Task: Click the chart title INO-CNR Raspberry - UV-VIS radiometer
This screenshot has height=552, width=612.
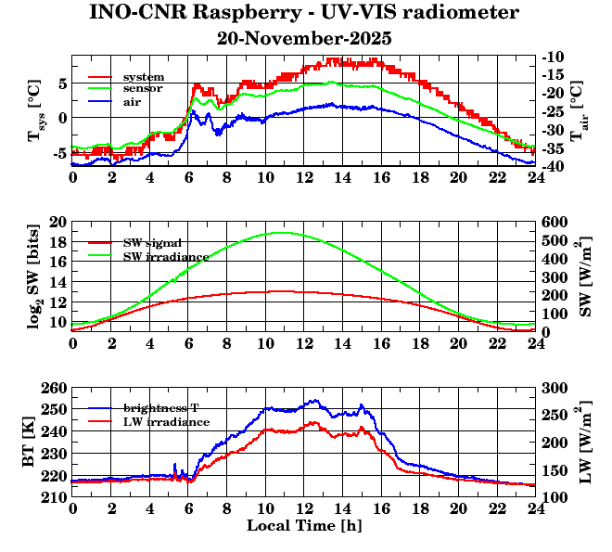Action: [304, 13]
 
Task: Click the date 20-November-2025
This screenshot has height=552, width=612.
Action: [304, 39]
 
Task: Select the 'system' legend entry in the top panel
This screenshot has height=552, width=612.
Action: [144, 76]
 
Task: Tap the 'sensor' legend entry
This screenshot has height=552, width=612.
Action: [144, 88]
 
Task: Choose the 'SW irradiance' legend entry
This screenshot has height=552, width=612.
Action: [166, 255]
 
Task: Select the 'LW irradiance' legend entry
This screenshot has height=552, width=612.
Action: [166, 421]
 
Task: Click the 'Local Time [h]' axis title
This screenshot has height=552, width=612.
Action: [303, 525]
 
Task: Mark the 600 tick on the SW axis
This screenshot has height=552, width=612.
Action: [553, 223]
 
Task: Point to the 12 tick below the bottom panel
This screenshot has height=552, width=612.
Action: [304, 508]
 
